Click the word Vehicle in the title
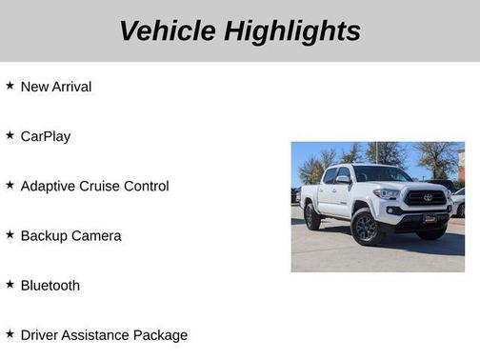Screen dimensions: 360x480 (x=168, y=31)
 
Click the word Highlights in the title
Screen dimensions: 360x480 (x=293, y=31)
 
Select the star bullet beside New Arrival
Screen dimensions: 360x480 (x=10, y=86)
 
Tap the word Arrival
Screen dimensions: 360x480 (x=71, y=87)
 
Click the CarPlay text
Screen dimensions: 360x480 (x=45, y=136)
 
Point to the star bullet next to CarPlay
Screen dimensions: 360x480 (x=10, y=135)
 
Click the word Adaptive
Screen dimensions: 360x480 (x=50, y=186)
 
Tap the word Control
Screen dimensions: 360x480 (x=149, y=186)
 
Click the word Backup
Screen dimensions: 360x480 (x=44, y=235)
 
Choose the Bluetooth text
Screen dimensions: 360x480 (x=50, y=285)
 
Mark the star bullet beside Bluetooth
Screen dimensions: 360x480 (x=10, y=284)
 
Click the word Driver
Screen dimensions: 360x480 (x=40, y=334)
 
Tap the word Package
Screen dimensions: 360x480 (x=164, y=335)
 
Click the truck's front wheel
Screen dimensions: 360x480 (x=366, y=229)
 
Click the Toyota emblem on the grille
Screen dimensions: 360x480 (x=428, y=198)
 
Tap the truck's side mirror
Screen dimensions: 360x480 (x=343, y=180)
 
